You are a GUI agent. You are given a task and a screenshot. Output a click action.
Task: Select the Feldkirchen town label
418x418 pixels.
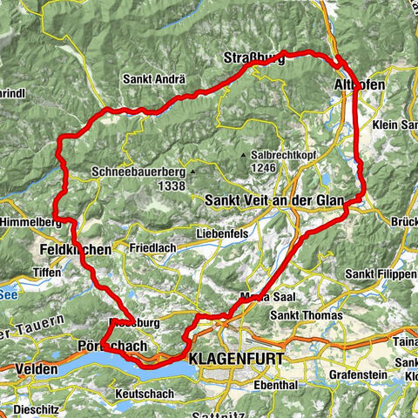[x=76, y=249]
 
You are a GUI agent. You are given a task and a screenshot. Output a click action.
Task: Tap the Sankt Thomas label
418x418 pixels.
[x=301, y=315]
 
